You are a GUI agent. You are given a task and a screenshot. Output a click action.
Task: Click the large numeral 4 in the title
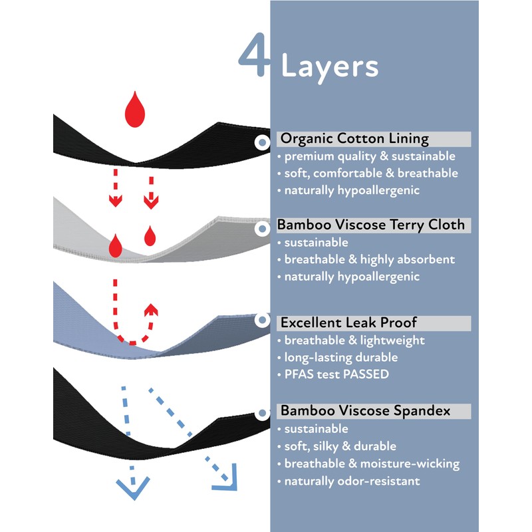[254, 57]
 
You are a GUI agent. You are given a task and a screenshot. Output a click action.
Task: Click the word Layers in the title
[330, 66]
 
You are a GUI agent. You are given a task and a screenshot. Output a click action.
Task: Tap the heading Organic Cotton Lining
[354, 139]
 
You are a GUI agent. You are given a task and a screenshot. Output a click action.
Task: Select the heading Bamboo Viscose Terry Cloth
[372, 225]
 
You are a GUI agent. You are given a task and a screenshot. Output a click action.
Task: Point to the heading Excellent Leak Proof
[348, 323]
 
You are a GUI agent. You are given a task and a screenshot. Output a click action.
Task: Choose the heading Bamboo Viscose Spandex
[365, 411]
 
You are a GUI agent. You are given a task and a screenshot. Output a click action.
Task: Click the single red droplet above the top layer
[135, 110]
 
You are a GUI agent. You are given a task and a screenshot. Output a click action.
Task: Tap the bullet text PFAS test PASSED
[336, 374]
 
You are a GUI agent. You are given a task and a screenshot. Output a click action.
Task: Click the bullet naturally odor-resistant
[352, 481]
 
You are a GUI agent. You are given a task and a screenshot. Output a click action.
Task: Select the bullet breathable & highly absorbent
[369, 259]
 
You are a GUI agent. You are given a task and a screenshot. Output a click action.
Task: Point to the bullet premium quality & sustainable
[370, 156]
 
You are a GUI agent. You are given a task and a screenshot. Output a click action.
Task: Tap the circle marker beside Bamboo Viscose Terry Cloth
[261, 228]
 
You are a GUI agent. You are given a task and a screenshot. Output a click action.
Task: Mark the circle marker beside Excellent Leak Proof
[261, 321]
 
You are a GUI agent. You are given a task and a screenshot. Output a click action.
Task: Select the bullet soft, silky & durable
[340, 446]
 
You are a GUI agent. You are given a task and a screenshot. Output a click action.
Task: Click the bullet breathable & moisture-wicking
[372, 464]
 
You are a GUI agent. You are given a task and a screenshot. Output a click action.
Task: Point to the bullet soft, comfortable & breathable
[371, 174]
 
